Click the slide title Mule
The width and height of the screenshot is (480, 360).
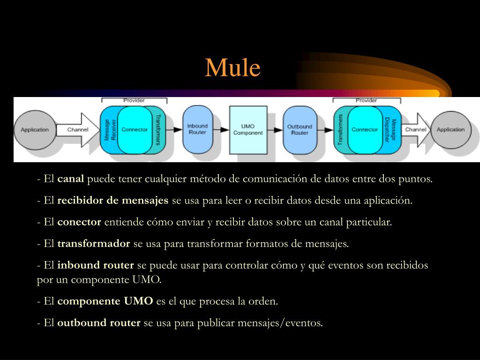[232, 68]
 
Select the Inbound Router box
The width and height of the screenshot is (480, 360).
[197, 129]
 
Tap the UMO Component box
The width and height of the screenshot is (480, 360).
[248, 129]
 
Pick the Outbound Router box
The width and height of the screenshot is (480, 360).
[299, 129]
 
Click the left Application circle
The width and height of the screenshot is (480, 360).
[35, 130]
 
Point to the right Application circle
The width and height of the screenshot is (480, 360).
[450, 130]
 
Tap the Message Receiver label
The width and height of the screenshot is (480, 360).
[110, 130]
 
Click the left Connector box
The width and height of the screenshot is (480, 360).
[135, 130]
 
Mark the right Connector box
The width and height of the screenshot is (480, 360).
[365, 130]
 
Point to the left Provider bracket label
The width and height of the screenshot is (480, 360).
[134, 100]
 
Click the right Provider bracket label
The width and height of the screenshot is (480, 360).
[366, 100]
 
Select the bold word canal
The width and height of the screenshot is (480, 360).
[71, 179]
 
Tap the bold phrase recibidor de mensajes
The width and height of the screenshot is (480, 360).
[112, 201]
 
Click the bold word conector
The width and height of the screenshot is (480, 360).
[79, 222]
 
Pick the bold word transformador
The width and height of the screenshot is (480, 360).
[93, 244]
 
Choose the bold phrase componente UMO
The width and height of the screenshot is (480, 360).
[105, 301]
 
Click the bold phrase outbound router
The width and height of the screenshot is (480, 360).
[99, 323]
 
